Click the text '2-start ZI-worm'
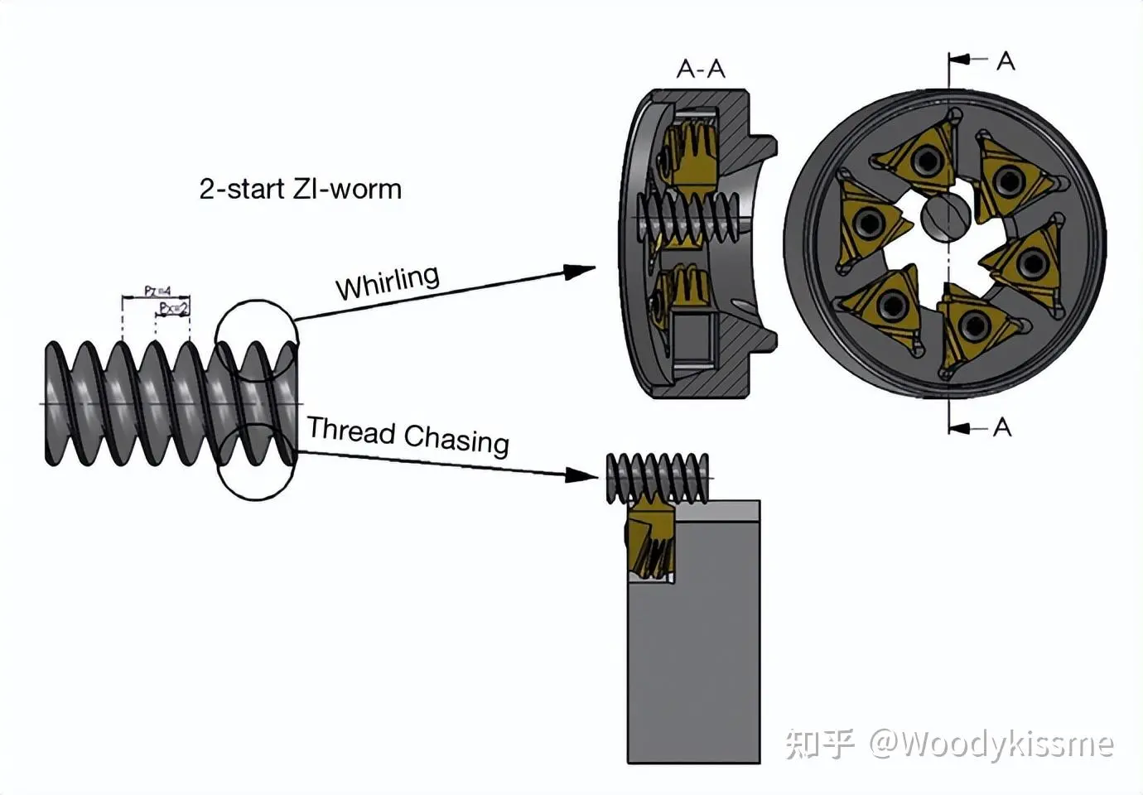pyautogui.click(x=300, y=189)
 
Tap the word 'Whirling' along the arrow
pyautogui.click(x=387, y=282)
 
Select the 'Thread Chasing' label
pyautogui.click(x=408, y=436)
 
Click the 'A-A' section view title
pyautogui.click(x=701, y=69)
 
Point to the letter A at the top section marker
pyautogui.click(x=1005, y=61)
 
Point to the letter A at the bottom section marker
pyautogui.click(x=1002, y=427)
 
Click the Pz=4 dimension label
pyautogui.click(x=157, y=291)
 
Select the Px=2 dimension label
pyautogui.click(x=174, y=309)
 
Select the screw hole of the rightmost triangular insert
pyautogui.click(x=1032, y=263)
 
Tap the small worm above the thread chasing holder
pyautogui.click(x=658, y=478)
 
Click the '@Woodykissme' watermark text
pyautogui.click(x=991, y=744)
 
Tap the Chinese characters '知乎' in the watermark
pyautogui.click(x=818, y=744)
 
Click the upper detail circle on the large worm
pyautogui.click(x=256, y=340)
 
